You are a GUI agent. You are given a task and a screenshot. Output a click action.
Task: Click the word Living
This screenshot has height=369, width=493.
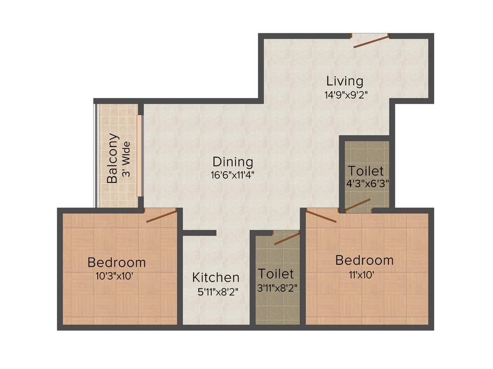point(345,81)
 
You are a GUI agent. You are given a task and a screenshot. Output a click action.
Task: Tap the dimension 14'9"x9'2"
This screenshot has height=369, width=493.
point(347,95)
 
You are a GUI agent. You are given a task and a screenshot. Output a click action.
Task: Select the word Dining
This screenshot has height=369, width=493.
point(233,162)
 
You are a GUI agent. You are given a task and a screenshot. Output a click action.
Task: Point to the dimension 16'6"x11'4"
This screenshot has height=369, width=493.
point(232,175)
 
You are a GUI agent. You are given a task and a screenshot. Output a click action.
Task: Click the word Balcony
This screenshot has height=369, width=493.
point(113,159)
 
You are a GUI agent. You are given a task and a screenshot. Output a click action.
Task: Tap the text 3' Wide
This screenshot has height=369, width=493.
point(127,159)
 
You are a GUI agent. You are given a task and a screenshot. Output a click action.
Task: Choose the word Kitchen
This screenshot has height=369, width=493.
point(216,278)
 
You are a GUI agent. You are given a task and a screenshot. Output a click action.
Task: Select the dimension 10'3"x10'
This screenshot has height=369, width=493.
point(116,276)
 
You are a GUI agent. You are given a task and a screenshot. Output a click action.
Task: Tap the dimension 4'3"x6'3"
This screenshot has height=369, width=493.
point(367,184)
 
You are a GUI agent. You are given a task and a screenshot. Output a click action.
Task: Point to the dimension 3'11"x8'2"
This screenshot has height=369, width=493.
point(276,288)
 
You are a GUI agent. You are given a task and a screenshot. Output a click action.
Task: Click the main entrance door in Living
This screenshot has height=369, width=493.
point(370,41)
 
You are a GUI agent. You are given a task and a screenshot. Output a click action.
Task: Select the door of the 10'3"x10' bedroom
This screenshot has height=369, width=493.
point(161,216)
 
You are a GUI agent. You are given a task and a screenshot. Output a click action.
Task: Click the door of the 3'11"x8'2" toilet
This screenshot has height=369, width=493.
point(287,238)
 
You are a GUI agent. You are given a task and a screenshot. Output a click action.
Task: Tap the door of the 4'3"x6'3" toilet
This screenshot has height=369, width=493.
point(357,205)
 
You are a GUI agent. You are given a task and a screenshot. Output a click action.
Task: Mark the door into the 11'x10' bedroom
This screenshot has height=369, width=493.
point(321,216)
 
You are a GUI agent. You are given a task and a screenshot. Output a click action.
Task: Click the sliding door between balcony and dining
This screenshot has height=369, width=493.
point(139,156)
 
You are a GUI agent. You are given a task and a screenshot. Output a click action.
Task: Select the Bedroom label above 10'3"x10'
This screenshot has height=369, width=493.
point(117,263)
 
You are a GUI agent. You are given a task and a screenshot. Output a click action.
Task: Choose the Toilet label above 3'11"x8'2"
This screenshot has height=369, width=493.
point(276,274)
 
